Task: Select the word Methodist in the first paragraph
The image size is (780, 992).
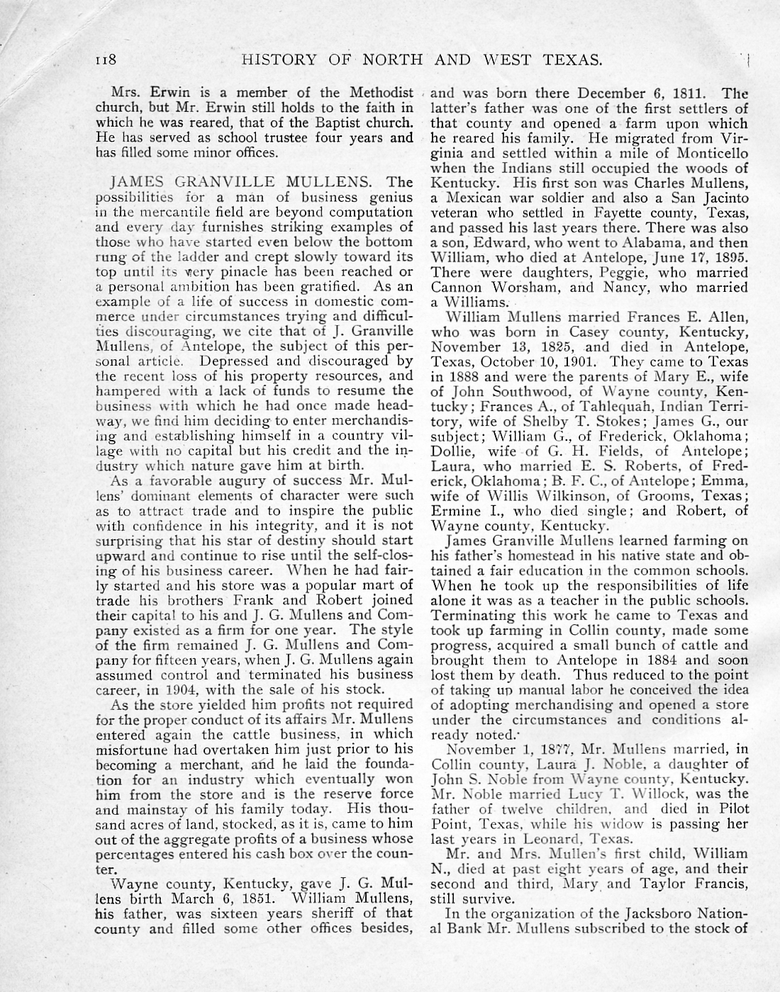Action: (381, 93)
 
